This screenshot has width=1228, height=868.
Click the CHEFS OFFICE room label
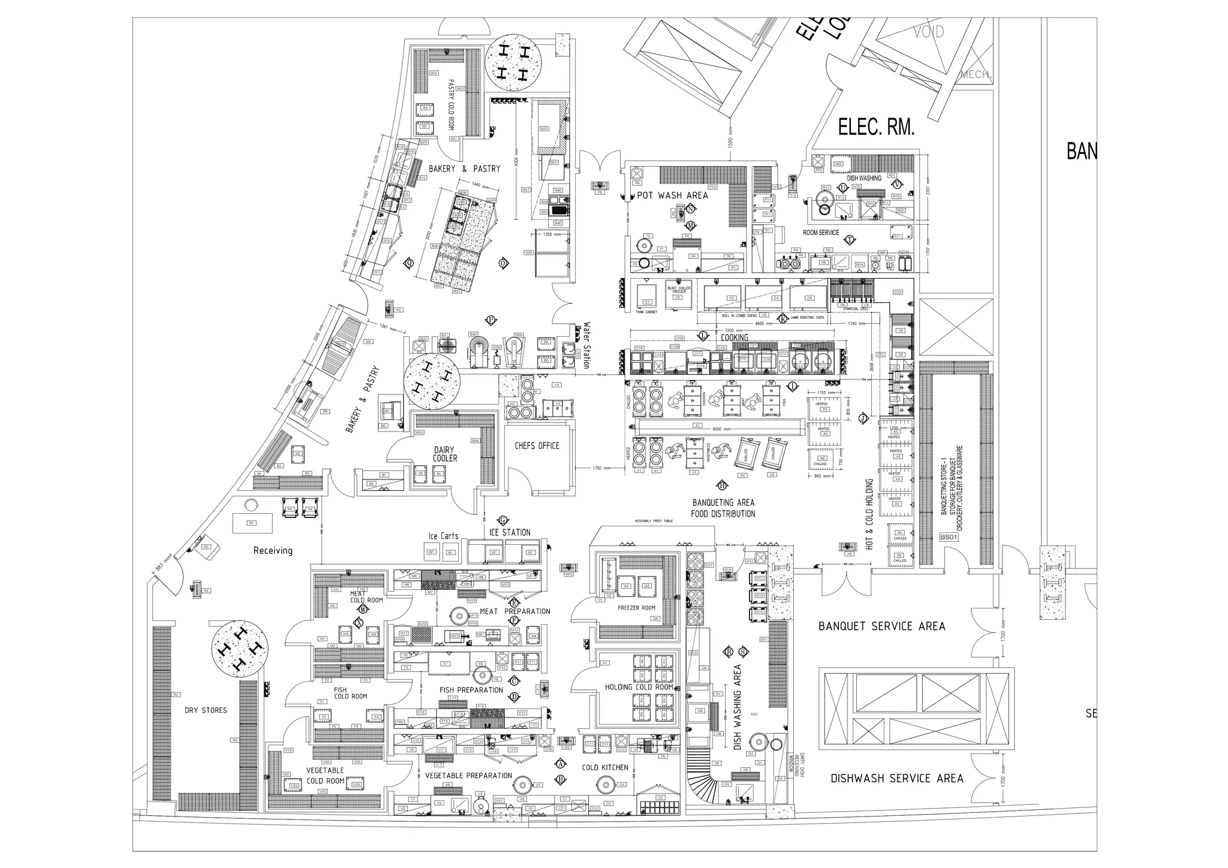pyautogui.click(x=537, y=446)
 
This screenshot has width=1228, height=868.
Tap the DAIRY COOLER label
pyautogui.click(x=444, y=454)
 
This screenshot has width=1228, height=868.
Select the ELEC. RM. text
pyautogui.click(x=875, y=127)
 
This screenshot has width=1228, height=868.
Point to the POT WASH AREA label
pyautogui.click(x=672, y=195)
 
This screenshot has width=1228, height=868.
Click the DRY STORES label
pyautogui.click(x=206, y=710)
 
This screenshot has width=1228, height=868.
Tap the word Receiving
pyautogui.click(x=273, y=550)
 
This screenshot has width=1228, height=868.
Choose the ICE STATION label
pyautogui.click(x=510, y=532)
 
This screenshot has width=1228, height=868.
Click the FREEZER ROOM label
pyautogui.click(x=636, y=608)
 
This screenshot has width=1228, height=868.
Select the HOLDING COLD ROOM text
pyautogui.click(x=639, y=688)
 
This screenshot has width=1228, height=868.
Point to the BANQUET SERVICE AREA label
pyautogui.click(x=881, y=626)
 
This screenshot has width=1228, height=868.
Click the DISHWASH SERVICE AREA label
pyautogui.click(x=896, y=779)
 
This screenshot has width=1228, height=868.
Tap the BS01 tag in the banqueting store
pyautogui.click(x=948, y=538)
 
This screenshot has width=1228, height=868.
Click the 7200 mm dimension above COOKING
pyautogui.click(x=734, y=330)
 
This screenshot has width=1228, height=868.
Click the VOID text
pyautogui.click(x=928, y=31)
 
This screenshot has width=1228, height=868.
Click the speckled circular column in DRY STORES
pyautogui.click(x=239, y=649)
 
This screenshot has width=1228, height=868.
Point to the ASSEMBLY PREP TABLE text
pyautogui.click(x=654, y=521)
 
